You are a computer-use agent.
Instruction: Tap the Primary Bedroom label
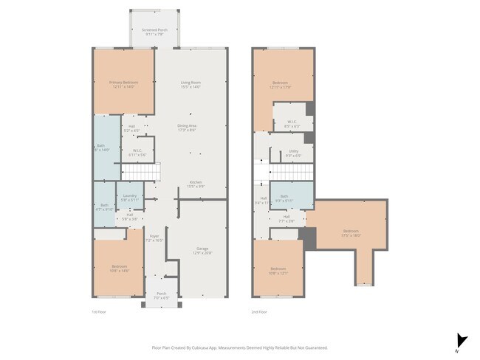coord(123,84)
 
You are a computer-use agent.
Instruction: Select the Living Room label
coord(191,84)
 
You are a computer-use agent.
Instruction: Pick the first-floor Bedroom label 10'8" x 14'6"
coord(120,269)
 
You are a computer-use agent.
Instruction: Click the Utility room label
coord(293,153)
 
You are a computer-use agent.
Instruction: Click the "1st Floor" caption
coord(100,313)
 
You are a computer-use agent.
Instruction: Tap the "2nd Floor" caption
coord(258,313)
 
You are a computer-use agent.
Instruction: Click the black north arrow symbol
coord(462,340)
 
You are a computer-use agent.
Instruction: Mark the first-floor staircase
coord(140,172)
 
